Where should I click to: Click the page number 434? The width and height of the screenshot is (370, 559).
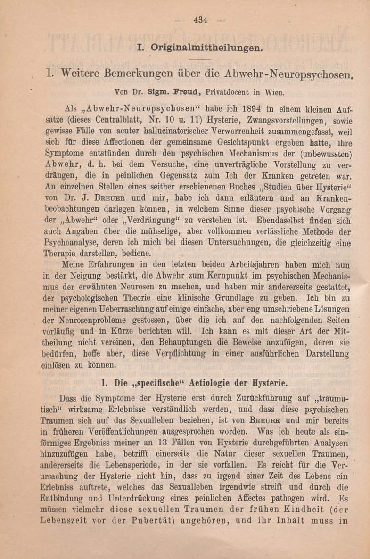(x=201, y=20)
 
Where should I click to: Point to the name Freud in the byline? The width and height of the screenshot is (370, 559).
(x=177, y=89)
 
